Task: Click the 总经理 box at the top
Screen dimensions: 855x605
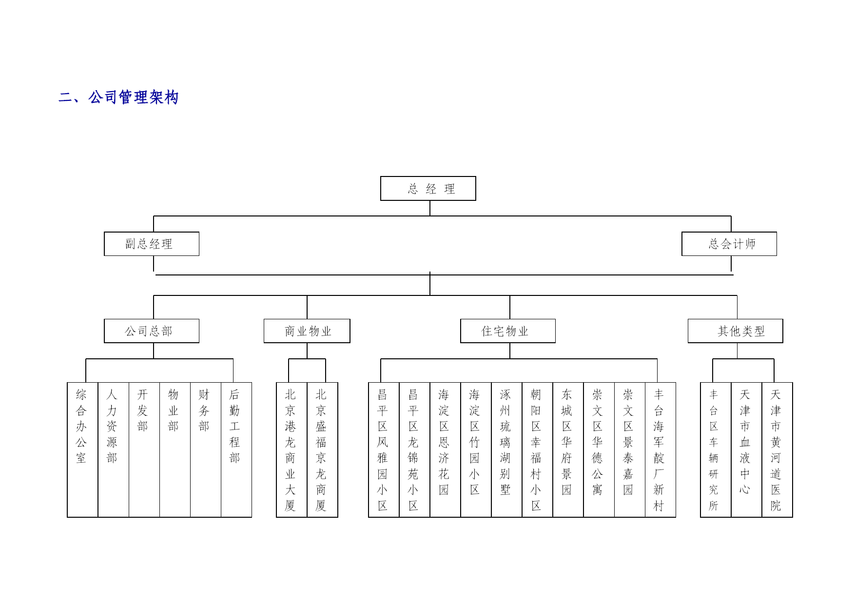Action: [428, 188]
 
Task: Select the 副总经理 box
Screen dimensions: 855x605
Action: [152, 244]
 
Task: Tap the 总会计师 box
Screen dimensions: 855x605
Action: [729, 244]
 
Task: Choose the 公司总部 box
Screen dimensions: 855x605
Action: [152, 331]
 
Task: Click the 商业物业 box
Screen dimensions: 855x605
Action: [307, 331]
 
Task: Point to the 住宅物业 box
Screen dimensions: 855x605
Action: [508, 331]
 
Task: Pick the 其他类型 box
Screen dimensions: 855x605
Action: [736, 331]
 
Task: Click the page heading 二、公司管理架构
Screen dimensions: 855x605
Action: [118, 98]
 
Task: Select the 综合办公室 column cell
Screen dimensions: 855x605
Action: [82, 450]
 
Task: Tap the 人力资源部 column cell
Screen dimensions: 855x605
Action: [113, 450]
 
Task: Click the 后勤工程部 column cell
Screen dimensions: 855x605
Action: [236, 450]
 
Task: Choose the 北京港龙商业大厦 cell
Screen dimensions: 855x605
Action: [291, 450]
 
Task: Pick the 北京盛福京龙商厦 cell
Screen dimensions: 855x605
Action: [322, 450]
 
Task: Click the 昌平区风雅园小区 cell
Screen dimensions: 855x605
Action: [384, 450]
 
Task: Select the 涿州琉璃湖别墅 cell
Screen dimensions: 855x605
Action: [506, 450]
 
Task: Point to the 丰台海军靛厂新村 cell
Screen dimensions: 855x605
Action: [661, 450]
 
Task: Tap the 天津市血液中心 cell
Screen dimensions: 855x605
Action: [746, 450]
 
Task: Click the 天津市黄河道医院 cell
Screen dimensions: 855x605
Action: [777, 450]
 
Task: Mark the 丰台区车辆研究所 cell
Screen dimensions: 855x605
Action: [716, 450]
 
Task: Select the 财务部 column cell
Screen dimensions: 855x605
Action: [206, 450]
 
